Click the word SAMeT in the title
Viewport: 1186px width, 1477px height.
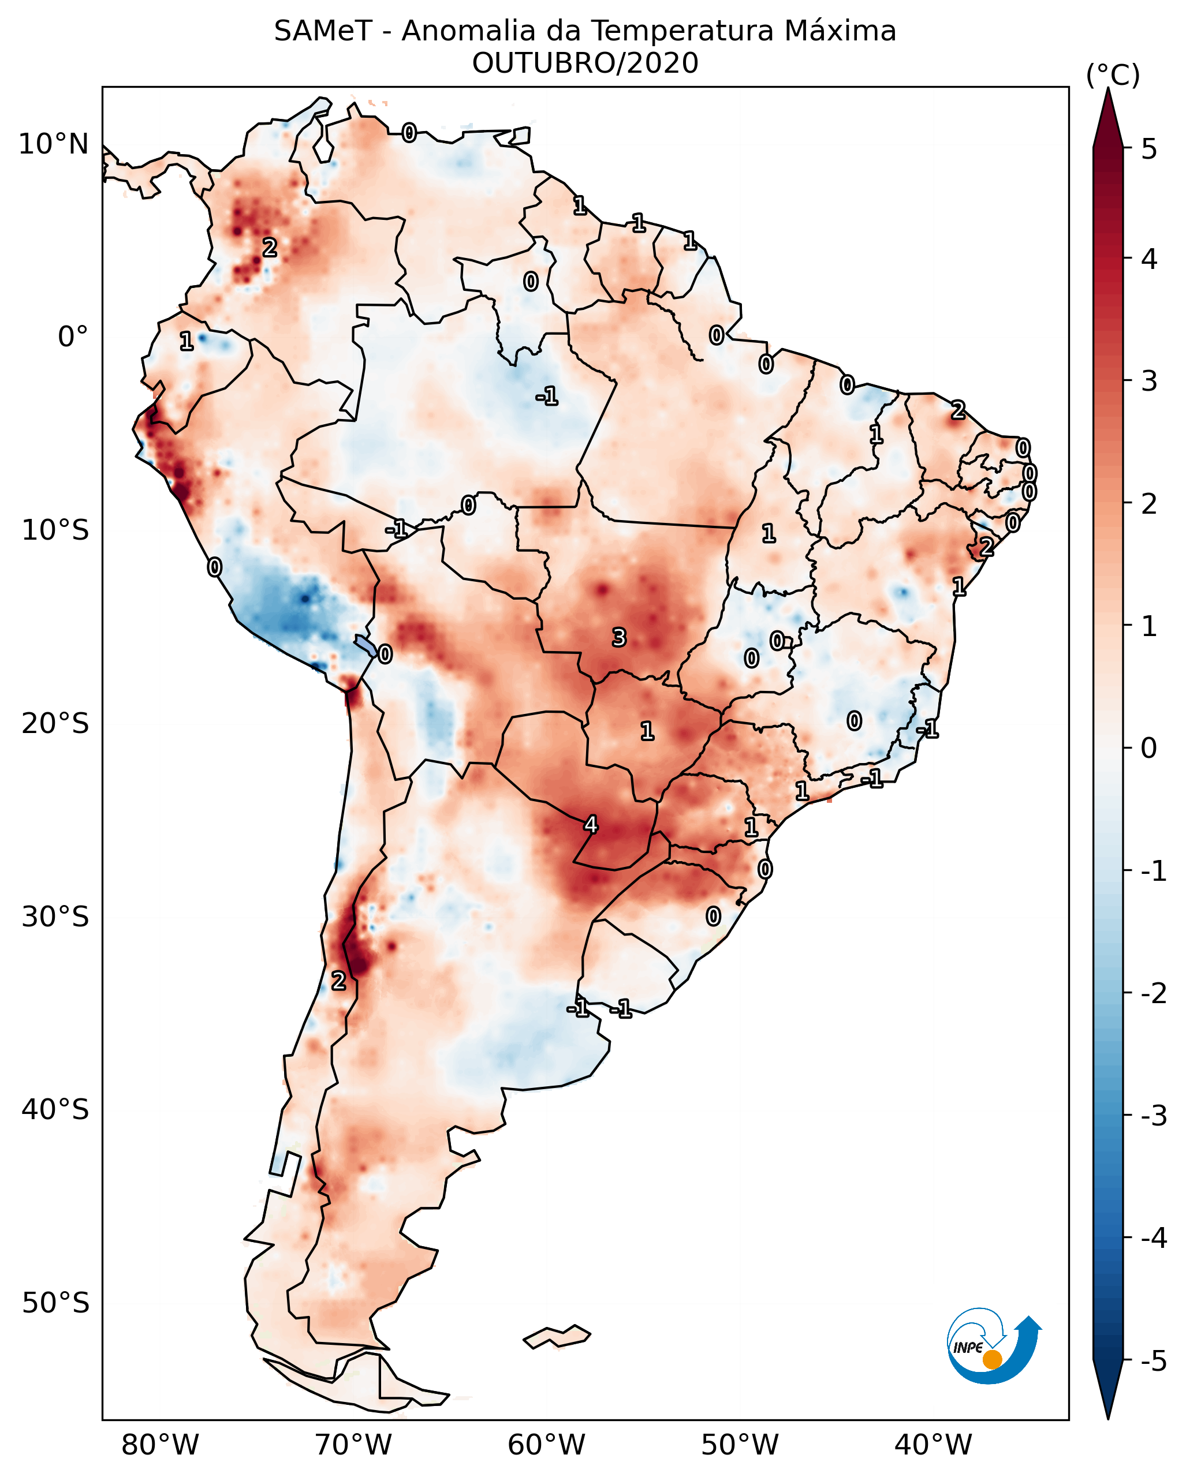[323, 32]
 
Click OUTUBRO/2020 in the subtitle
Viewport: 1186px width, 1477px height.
[585, 63]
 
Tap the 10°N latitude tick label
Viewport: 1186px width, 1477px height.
[54, 144]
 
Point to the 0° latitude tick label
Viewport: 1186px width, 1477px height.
[73, 337]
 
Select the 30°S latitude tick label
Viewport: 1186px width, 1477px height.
[55, 917]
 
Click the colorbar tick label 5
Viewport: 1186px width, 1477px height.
[1149, 149]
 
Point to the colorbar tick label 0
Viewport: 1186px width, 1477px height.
[1149, 748]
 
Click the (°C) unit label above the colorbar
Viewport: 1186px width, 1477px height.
[1113, 76]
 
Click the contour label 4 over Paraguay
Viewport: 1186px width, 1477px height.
[591, 824]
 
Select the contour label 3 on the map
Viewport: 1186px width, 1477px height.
[618, 638]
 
